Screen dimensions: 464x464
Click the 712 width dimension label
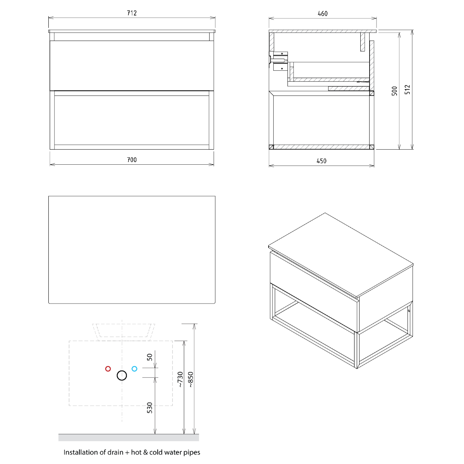pyautogui.click(x=132, y=13)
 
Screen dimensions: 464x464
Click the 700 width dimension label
pyautogui.click(x=132, y=160)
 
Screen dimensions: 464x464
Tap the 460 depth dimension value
pyautogui.click(x=322, y=14)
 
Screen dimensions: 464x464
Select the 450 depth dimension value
pyautogui.click(x=321, y=161)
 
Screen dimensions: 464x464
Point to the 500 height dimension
pyautogui.click(x=394, y=91)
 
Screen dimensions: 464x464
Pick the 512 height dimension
pyautogui.click(x=407, y=90)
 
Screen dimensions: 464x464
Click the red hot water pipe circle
pyautogui.click(x=108, y=368)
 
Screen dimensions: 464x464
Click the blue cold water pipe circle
pyautogui.click(x=135, y=368)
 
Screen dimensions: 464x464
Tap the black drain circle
pyautogui.click(x=122, y=375)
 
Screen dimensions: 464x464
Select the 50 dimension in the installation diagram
pyautogui.click(x=150, y=357)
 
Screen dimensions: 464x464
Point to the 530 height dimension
pyautogui.click(x=150, y=408)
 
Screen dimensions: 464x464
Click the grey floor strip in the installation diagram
pyautogui.click(x=129, y=437)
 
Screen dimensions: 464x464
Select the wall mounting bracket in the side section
pyautogui.click(x=278, y=61)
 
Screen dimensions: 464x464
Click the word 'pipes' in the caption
pyautogui.click(x=192, y=453)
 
